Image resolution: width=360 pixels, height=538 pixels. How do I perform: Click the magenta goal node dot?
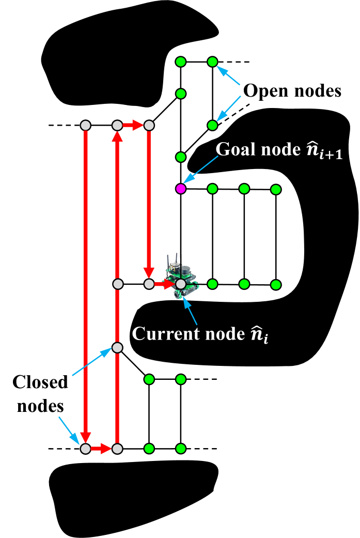[180, 189]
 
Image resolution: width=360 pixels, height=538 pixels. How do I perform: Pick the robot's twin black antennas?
[172, 260]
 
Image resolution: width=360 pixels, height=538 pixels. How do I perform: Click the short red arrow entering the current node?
[164, 284]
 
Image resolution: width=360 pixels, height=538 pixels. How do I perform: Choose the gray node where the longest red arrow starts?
[86, 126]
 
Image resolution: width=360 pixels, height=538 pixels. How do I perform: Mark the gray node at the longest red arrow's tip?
[86, 449]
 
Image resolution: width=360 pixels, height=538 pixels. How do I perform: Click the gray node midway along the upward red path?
[117, 348]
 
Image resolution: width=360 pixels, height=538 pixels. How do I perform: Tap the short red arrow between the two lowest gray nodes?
[101, 449]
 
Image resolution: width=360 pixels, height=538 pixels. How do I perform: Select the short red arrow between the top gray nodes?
[133, 125]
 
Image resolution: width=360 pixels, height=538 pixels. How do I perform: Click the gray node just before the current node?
[149, 284]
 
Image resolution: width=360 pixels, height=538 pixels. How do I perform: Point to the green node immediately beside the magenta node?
[212, 189]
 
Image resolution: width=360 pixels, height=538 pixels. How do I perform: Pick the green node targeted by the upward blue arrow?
[212, 62]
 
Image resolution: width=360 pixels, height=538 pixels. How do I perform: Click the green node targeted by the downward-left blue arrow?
[212, 125]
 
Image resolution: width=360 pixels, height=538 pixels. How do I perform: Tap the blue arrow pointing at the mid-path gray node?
[92, 362]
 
